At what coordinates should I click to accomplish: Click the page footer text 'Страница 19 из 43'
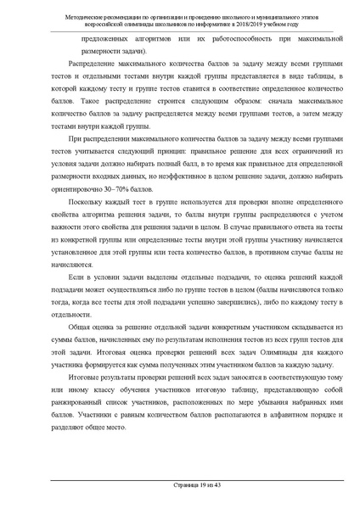pyautogui.click(x=180, y=485)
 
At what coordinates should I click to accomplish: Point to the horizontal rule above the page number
pyautogui.click(x=180, y=479)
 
